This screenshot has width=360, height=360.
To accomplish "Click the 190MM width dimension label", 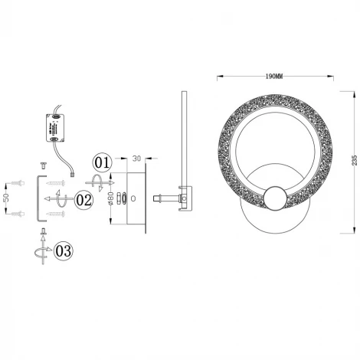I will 273,76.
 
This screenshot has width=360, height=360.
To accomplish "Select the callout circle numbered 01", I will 103,163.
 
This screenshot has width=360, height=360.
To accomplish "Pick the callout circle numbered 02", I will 83,201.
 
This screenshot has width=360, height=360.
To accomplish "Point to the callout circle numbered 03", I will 65,249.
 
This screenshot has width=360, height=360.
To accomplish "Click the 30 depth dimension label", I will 136,159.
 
